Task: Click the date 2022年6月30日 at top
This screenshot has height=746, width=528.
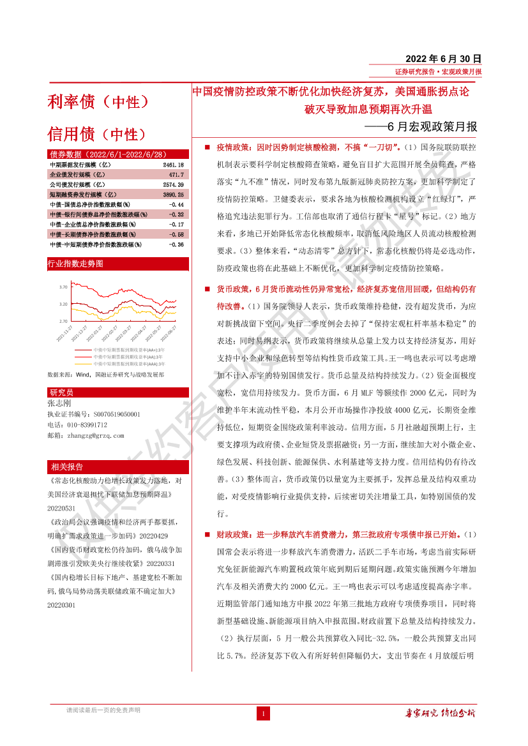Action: (443, 58)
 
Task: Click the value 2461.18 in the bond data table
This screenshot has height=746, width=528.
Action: (173, 165)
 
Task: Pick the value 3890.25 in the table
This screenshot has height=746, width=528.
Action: (173, 194)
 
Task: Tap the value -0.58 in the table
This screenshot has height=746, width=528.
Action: (176, 234)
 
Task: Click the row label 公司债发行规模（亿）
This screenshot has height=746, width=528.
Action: (77, 184)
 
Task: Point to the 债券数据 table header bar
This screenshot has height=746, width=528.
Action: (118, 154)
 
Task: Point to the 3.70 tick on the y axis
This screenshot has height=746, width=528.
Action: (63, 287)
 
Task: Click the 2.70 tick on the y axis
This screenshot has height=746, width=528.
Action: (63, 321)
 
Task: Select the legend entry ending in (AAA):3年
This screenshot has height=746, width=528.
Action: (128, 364)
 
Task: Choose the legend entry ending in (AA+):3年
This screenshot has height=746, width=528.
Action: (128, 350)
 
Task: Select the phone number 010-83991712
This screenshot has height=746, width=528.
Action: (86, 424)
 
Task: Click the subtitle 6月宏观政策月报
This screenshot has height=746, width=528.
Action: (432, 126)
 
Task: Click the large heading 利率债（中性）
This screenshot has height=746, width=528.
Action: (98, 101)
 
